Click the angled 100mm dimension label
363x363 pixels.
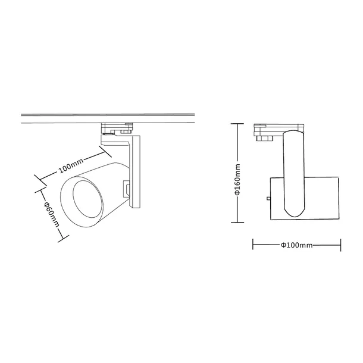[71, 165]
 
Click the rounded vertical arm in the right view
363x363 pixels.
[295, 173]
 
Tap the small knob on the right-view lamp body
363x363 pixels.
[269, 198]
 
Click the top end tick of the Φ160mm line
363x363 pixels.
[237, 124]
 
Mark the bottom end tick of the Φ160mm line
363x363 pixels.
[237, 222]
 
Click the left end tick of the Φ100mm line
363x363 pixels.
[254, 245]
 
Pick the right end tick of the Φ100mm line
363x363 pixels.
[341, 245]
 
